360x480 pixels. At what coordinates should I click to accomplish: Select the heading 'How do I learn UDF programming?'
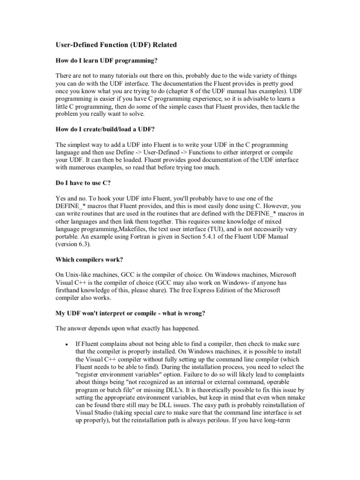107,61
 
